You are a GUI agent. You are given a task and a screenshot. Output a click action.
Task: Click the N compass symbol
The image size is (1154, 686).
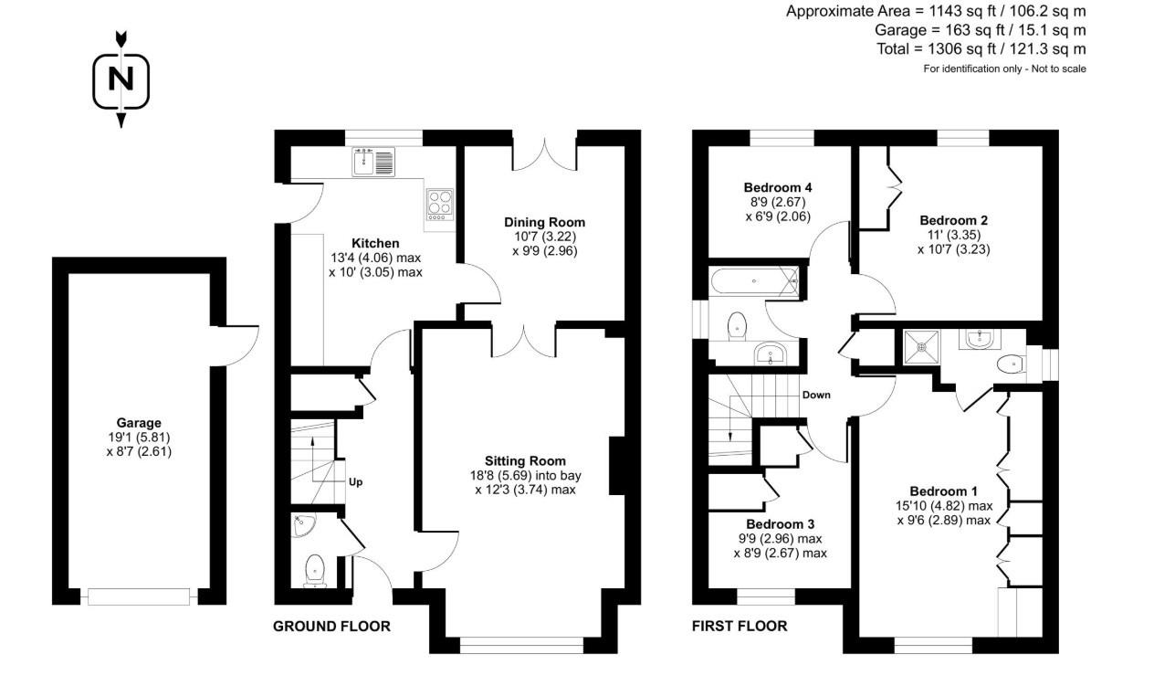(x=121, y=79)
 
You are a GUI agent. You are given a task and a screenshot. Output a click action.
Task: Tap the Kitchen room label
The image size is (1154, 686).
(x=376, y=244)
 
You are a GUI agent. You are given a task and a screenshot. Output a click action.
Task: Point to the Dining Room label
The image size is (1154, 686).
(x=544, y=222)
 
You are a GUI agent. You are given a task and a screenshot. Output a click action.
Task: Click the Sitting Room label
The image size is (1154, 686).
(x=525, y=461)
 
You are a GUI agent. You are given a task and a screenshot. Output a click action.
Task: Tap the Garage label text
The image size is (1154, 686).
(x=138, y=423)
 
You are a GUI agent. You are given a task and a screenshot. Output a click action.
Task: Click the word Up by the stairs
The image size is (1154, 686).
(x=356, y=481)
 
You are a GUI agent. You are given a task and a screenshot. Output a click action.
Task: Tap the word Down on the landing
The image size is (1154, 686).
(x=815, y=396)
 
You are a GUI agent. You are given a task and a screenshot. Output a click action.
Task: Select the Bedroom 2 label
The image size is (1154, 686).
(x=953, y=220)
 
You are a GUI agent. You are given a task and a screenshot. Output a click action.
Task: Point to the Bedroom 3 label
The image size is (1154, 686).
(x=780, y=524)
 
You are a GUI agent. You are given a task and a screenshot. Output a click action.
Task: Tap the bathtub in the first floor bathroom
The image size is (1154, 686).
(x=754, y=281)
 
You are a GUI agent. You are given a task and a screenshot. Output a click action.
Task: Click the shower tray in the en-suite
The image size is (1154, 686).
(x=926, y=346)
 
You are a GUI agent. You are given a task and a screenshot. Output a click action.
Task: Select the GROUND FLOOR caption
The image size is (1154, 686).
(x=331, y=627)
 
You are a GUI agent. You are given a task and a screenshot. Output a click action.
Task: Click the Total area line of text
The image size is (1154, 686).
(x=979, y=49)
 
